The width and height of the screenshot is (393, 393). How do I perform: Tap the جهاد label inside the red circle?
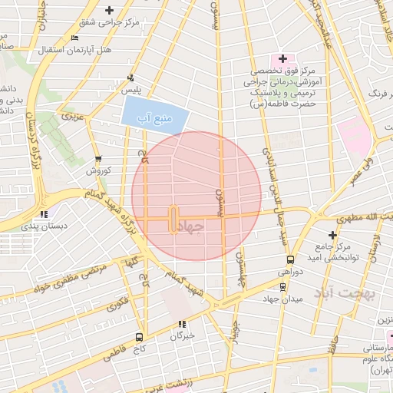click(195, 228)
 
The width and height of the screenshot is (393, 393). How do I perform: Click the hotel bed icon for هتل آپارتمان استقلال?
click(74, 38)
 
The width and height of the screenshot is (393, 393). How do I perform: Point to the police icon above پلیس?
click(130, 77)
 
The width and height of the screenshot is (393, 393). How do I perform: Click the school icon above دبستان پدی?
click(45, 214)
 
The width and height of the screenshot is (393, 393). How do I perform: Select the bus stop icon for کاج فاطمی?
click(139, 336)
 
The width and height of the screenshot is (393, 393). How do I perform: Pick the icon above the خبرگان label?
click(182, 324)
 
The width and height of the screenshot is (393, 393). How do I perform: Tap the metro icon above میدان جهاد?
click(284, 287)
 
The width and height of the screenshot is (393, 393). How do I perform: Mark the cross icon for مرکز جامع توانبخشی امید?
click(332, 235)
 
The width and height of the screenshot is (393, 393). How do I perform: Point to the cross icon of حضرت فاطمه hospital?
click(282, 58)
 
